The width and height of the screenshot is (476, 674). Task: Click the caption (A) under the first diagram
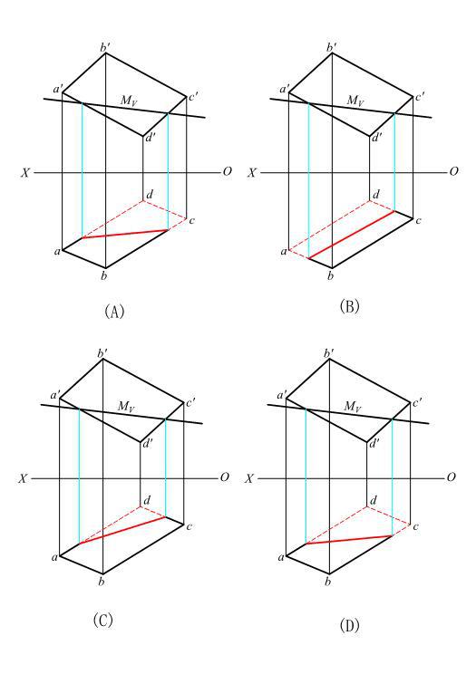coord(114,311)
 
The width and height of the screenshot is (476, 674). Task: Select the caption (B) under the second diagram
coord(349,306)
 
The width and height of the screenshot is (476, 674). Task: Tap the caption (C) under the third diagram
coord(102,620)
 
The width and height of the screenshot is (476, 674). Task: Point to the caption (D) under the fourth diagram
coord(349,625)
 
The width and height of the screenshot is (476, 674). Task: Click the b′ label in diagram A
coord(104,47)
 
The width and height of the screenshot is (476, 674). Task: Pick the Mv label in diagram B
coord(355,101)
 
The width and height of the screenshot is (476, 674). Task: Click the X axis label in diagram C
coord(24,478)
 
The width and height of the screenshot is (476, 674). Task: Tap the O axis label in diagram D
coord(451,477)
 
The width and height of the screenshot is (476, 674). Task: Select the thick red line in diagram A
coord(125,234)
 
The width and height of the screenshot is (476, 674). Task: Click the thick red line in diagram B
coord(352,235)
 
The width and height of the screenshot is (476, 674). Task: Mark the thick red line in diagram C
coord(122,530)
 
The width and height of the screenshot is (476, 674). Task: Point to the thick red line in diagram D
coord(348,539)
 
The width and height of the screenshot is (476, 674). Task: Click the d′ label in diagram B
coord(376,138)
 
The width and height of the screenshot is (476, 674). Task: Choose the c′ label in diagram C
coord(190,404)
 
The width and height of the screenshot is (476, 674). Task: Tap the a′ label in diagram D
coord(282,395)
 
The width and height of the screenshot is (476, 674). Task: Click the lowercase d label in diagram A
coord(150,195)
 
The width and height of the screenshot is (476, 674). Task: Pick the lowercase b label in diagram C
coord(102,582)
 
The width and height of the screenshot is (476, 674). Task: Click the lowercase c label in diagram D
coord(415,526)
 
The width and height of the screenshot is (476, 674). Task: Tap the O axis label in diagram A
coord(228,171)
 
